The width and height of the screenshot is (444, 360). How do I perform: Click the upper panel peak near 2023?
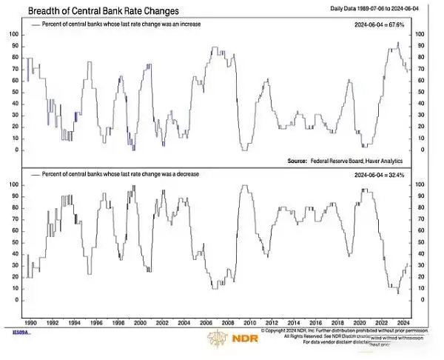pos(398,44)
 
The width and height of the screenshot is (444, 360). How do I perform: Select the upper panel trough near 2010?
pos(245,150)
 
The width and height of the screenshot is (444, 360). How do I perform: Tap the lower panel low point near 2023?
pos(398,293)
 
